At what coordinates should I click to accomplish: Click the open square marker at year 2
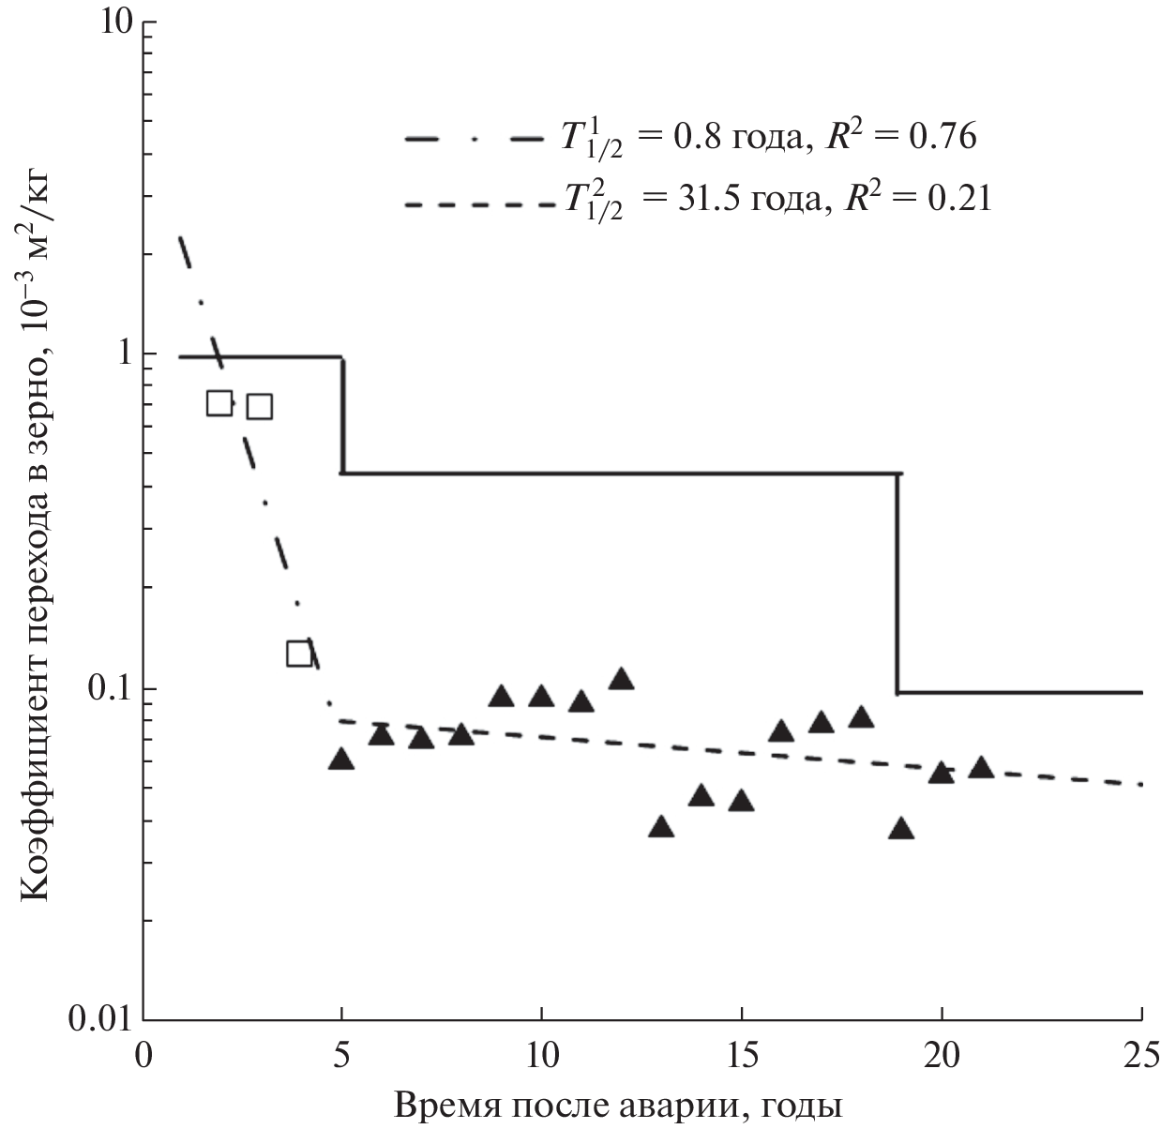[x=219, y=403]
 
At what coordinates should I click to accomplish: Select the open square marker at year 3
[x=259, y=406]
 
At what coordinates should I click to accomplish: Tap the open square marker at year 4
[x=299, y=654]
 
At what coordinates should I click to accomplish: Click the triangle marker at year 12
[x=621, y=679]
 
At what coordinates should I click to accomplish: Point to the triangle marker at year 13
[x=661, y=827]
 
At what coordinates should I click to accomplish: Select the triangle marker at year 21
[x=981, y=768]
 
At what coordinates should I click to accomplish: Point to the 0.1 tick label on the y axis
[x=103, y=689]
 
